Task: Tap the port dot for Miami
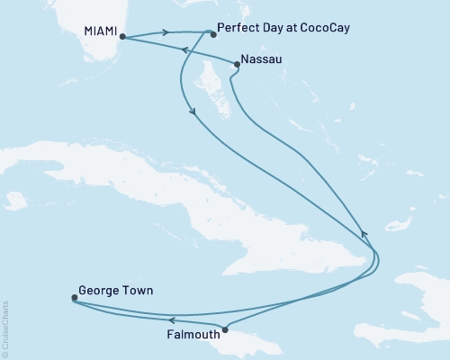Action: pyautogui.click(x=122, y=38)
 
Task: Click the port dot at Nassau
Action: pyautogui.click(x=237, y=64)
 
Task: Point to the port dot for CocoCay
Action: pyautogui.click(x=211, y=35)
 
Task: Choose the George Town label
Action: pyautogui.click(x=115, y=291)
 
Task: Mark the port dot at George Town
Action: pyautogui.click(x=74, y=298)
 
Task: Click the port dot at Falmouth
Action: pyautogui.click(x=225, y=328)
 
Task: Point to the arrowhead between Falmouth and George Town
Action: pyautogui.click(x=170, y=319)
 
